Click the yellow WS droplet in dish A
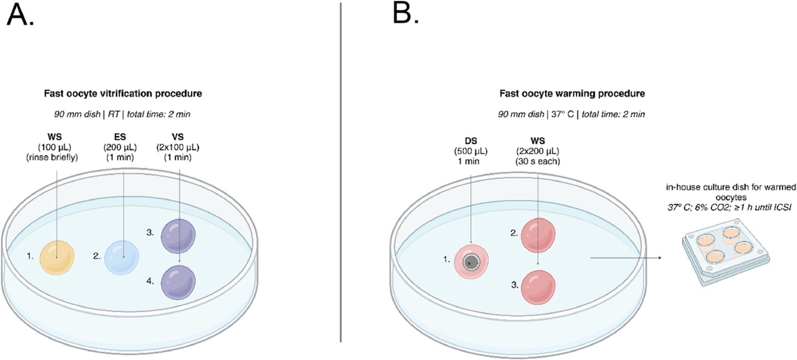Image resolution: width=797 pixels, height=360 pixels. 57,257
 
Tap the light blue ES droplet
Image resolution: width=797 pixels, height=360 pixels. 122,257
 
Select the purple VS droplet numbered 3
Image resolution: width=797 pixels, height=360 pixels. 178,236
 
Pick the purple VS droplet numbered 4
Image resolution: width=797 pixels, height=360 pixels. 178,283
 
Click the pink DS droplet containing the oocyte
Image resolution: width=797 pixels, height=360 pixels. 472,262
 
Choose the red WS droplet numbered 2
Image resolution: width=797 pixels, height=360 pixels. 538,235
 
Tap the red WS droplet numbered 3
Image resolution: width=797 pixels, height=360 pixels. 538,287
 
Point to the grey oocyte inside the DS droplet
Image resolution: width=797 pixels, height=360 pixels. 471,262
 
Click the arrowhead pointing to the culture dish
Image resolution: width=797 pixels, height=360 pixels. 659,257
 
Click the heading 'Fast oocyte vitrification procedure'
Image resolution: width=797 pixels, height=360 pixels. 123,94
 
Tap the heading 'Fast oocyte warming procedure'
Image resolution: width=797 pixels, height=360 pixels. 572,94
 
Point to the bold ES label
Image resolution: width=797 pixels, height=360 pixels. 120,137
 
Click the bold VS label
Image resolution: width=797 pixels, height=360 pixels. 178,137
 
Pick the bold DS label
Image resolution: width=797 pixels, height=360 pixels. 471,141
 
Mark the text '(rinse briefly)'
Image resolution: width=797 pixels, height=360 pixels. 52,157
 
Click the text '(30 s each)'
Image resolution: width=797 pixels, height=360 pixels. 538,161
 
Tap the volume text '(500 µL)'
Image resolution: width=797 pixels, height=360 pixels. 471,151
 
